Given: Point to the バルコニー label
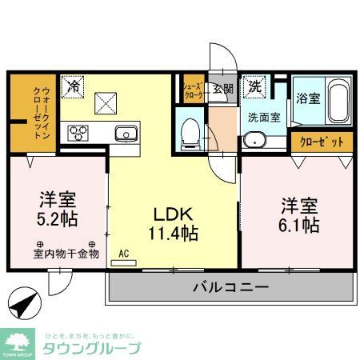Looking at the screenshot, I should [x=230, y=288].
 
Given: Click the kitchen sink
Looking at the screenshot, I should [x=126, y=133].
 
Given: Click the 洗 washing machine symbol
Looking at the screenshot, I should [x=254, y=85].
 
